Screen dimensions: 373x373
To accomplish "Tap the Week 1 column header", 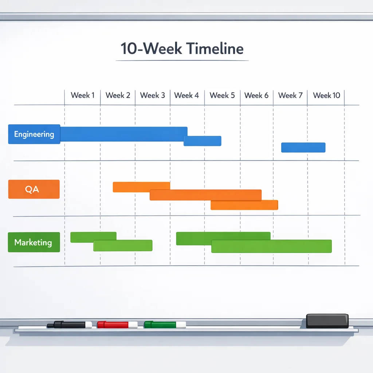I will (83, 95).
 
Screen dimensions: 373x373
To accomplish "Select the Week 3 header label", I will (152, 95).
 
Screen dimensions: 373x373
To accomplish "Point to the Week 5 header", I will (222, 95).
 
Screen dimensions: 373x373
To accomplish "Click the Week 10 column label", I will (326, 95).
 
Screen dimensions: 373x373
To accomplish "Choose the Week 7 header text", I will (290, 95).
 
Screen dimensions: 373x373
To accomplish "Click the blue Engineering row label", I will (34, 134).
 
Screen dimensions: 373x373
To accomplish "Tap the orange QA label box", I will (34, 189).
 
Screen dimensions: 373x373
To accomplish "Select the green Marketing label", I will (34, 242).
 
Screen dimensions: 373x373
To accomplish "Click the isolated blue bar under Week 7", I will (303, 148).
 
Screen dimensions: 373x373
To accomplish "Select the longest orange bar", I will (205, 195).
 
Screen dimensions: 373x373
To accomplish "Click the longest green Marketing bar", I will (271, 246).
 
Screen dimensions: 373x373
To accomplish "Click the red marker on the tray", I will (117, 325).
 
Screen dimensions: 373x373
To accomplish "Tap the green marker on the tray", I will (165, 325).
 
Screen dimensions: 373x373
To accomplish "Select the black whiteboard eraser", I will (327, 321).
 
